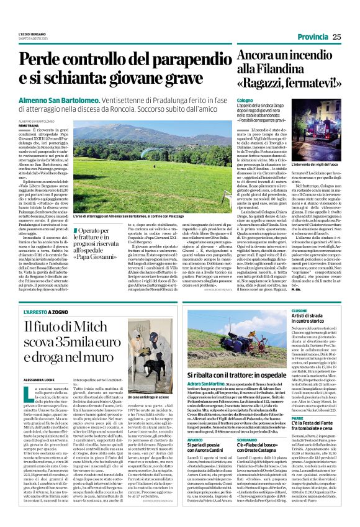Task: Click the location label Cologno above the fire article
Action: [245, 99]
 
